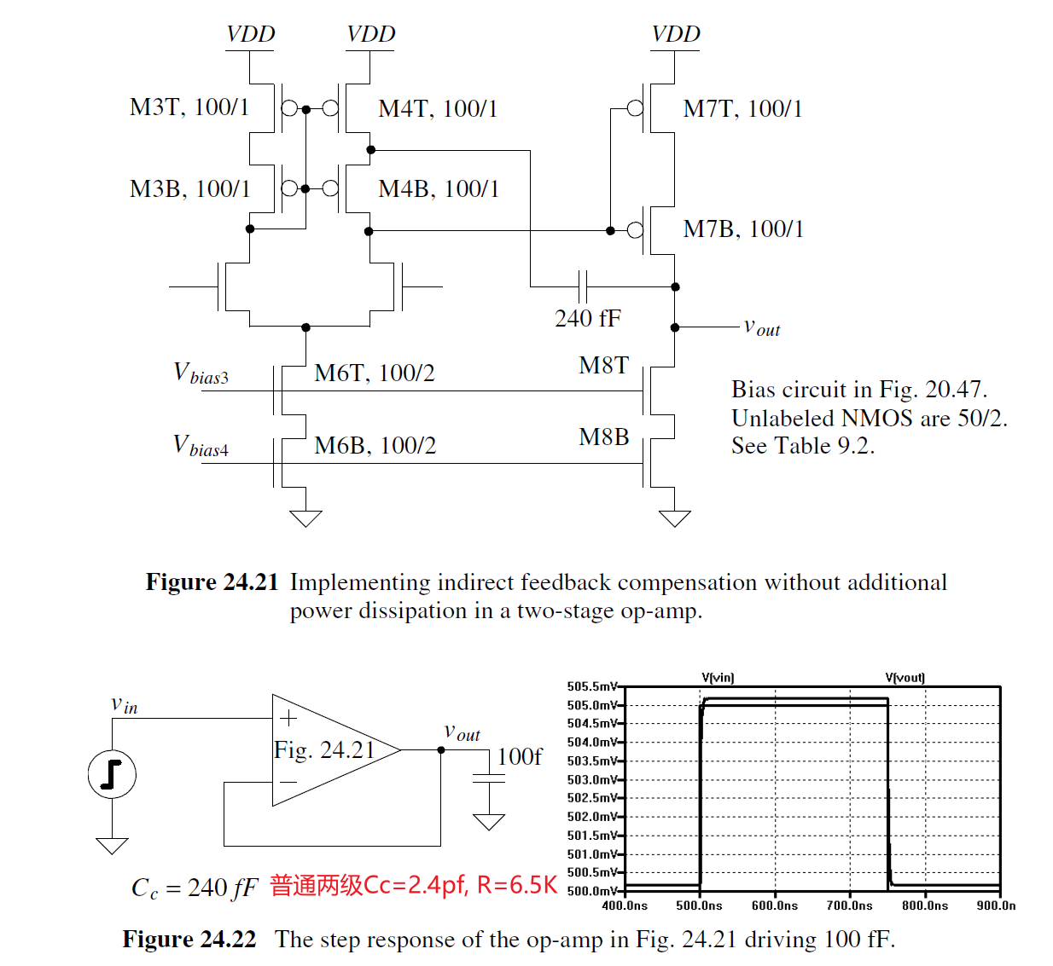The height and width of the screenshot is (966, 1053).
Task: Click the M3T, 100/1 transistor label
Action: click(189, 107)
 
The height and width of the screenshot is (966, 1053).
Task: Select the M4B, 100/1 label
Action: click(439, 188)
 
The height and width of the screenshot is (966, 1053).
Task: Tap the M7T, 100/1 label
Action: click(742, 109)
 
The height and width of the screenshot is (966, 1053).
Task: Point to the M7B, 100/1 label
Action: click(743, 228)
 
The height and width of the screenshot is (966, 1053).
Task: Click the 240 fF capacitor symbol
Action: click(584, 286)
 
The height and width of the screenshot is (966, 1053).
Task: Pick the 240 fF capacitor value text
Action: click(587, 319)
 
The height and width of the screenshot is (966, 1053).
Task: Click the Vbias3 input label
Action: click(201, 373)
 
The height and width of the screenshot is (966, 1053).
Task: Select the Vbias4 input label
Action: click(201, 445)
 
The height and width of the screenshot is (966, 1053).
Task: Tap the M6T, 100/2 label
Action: click(374, 373)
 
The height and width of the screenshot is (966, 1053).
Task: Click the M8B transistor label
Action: click(603, 437)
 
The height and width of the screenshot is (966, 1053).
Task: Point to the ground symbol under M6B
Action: click(305, 518)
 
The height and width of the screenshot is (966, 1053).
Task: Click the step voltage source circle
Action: click(112, 774)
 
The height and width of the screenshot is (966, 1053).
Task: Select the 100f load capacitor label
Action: click(519, 756)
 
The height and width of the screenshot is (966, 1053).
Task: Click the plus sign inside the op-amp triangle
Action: click(288, 718)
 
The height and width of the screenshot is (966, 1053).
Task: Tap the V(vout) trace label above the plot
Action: click(905, 678)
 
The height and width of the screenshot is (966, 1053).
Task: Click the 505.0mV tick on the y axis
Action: click(591, 705)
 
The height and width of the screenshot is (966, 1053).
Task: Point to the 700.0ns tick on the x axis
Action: click(849, 905)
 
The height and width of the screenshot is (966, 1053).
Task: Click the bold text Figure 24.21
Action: click(212, 582)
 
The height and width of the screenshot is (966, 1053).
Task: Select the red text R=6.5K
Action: click(516, 885)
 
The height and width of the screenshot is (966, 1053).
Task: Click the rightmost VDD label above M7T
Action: click(675, 34)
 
